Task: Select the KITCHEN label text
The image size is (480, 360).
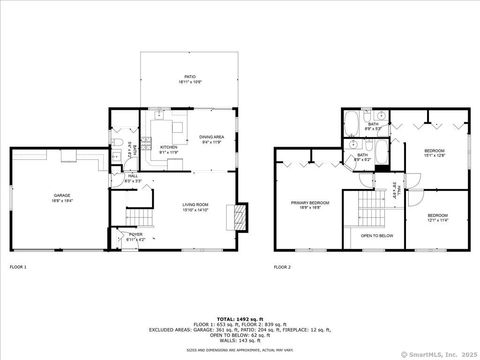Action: tap(168, 146)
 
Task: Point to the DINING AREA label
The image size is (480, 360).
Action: tap(212, 138)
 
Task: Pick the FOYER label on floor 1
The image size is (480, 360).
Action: tap(134, 236)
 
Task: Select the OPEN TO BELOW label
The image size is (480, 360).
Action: tap(376, 237)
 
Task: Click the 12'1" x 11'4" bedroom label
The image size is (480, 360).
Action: tap(439, 217)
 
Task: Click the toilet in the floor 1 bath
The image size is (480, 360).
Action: tap(117, 150)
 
